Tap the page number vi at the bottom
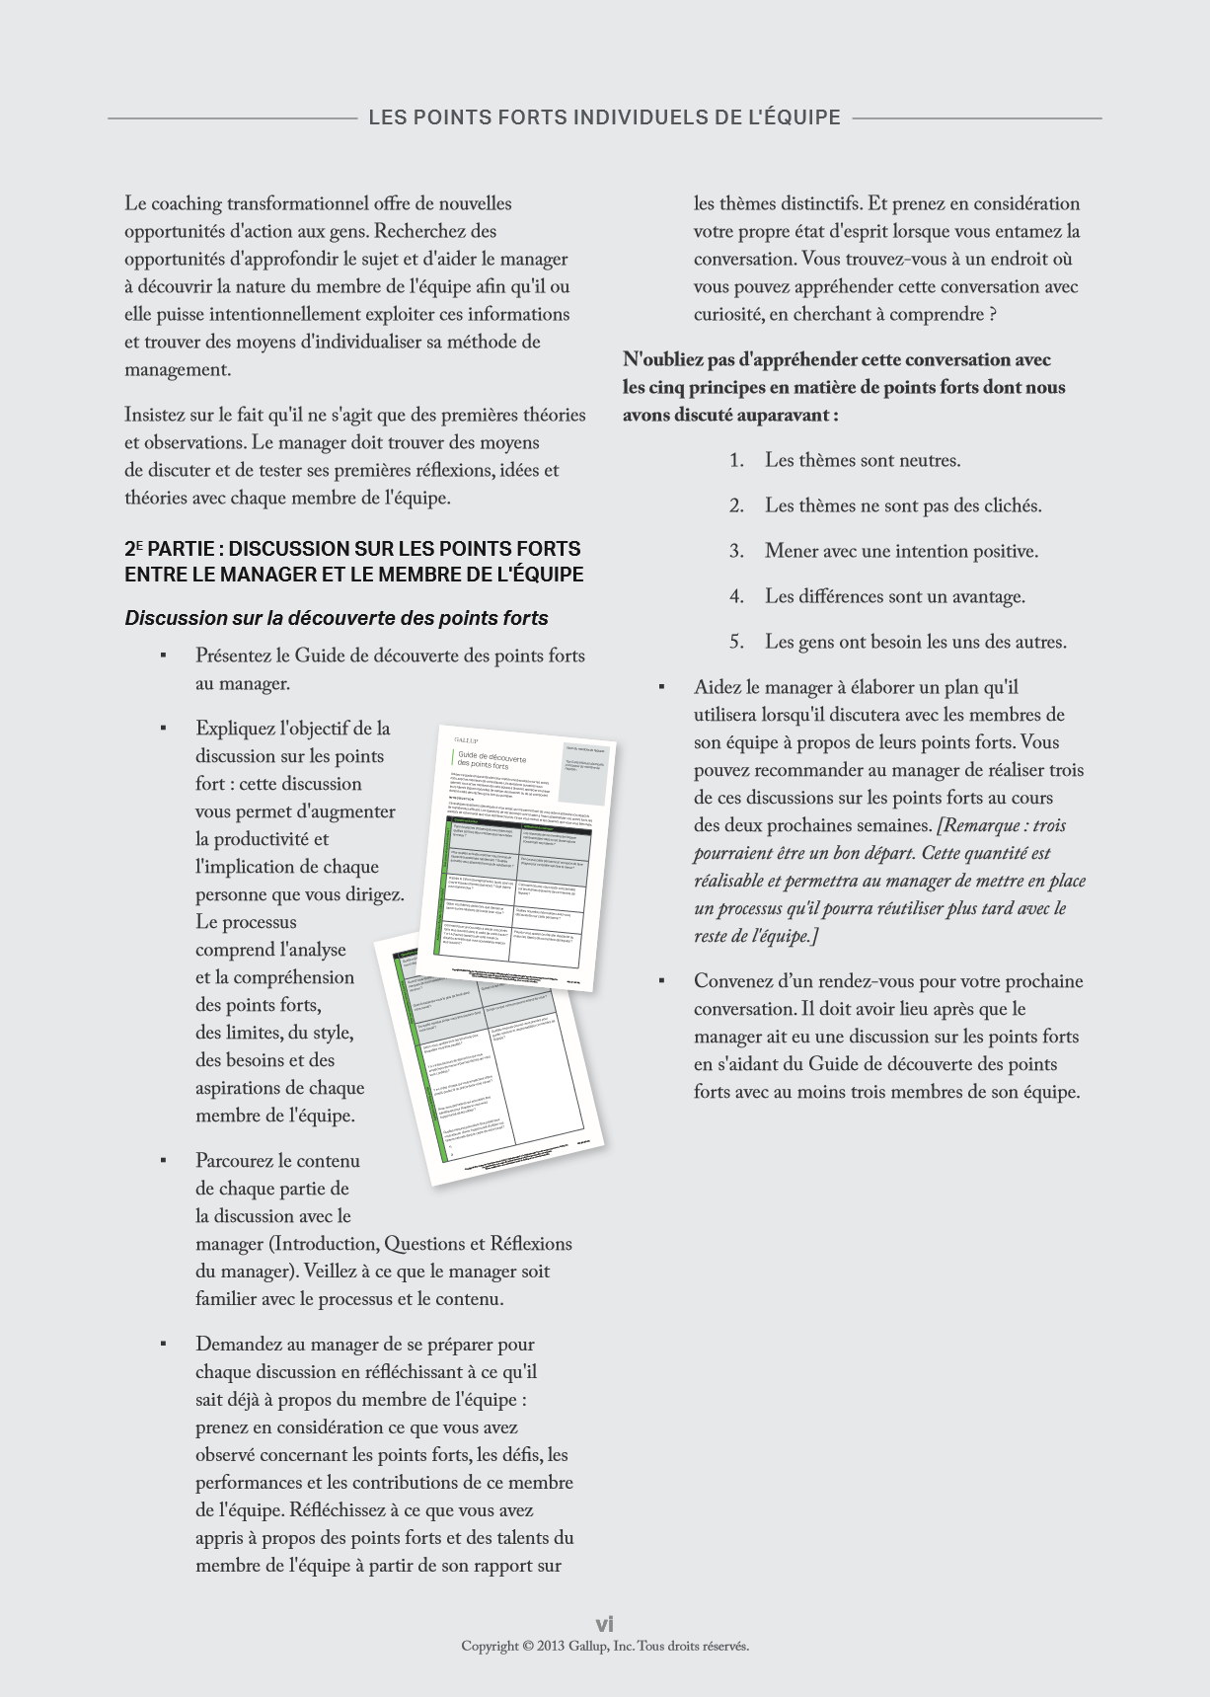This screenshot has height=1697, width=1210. [x=604, y=1624]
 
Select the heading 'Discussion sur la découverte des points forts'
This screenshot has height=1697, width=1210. [x=336, y=618]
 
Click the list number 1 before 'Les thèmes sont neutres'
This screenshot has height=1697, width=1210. [x=735, y=460]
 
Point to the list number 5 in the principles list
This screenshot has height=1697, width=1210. [x=736, y=642]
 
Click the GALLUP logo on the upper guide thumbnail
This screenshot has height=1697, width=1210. [x=466, y=738]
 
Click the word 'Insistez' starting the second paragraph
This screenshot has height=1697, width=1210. [x=156, y=415]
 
